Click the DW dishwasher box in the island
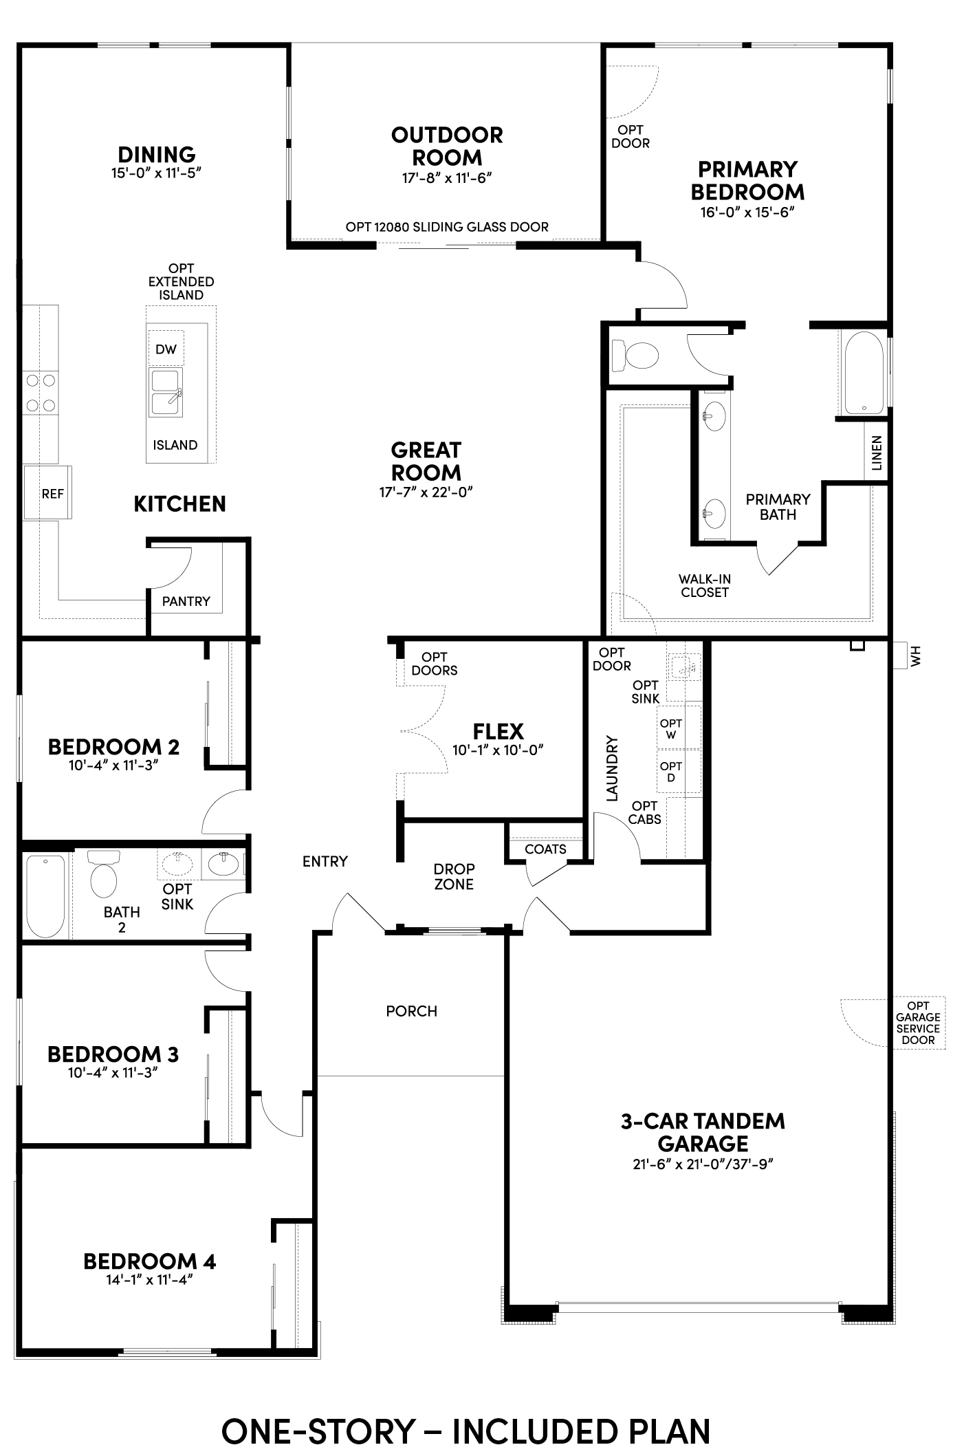click(x=166, y=349)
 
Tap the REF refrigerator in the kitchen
click(x=47, y=492)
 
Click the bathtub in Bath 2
click(x=46, y=895)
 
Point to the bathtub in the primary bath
click(x=864, y=373)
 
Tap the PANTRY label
click(x=186, y=601)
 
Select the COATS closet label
click(x=545, y=849)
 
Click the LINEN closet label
click(x=876, y=453)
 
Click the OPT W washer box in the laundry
click(x=671, y=728)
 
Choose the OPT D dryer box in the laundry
click(x=671, y=772)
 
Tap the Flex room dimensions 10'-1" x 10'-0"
click(x=498, y=750)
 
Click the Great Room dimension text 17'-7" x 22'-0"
click(x=426, y=492)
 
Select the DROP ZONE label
click(x=454, y=876)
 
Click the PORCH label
click(x=412, y=1011)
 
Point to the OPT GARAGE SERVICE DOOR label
click(x=918, y=1023)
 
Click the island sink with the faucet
click(x=166, y=393)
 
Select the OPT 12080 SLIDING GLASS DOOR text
click(x=447, y=227)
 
